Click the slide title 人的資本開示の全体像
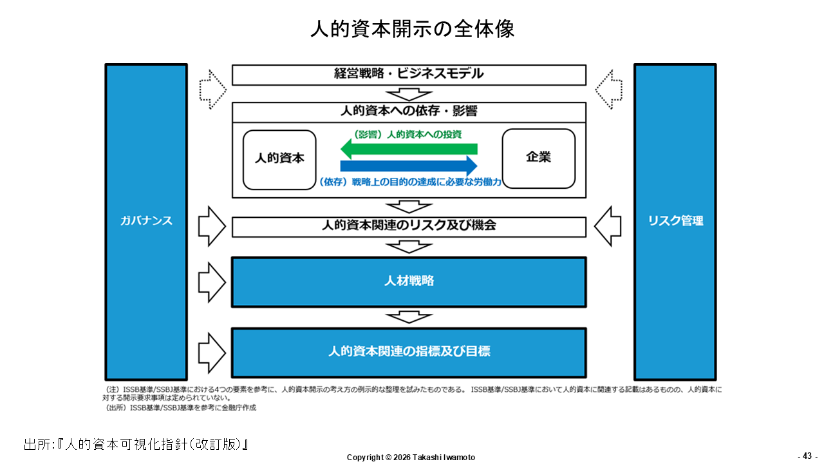click(412, 29)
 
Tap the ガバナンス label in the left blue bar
click(146, 220)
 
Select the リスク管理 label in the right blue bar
click(675, 220)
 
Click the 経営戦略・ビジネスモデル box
click(409, 75)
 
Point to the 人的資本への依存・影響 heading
click(409, 111)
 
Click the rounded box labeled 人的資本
click(279, 160)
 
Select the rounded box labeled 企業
click(539, 159)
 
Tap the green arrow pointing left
click(409, 149)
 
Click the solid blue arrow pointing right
click(409, 166)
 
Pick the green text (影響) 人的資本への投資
click(407, 135)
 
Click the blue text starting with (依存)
click(410, 182)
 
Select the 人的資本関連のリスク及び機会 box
click(409, 227)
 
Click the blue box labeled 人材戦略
click(409, 282)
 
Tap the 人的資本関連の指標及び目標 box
click(409, 353)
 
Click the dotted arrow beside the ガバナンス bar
click(212, 90)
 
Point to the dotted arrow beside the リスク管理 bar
click(609, 90)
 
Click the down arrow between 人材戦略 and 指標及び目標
click(409, 317)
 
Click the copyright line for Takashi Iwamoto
click(411, 458)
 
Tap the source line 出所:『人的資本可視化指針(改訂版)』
click(136, 444)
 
